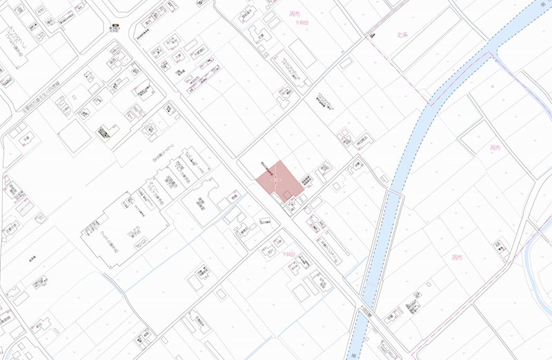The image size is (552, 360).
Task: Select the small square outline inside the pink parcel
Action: click(286, 195)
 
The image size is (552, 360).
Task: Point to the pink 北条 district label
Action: click(403, 34)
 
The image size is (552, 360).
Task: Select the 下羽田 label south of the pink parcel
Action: click(289, 254)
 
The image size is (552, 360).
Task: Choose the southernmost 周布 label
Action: click(456, 257)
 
